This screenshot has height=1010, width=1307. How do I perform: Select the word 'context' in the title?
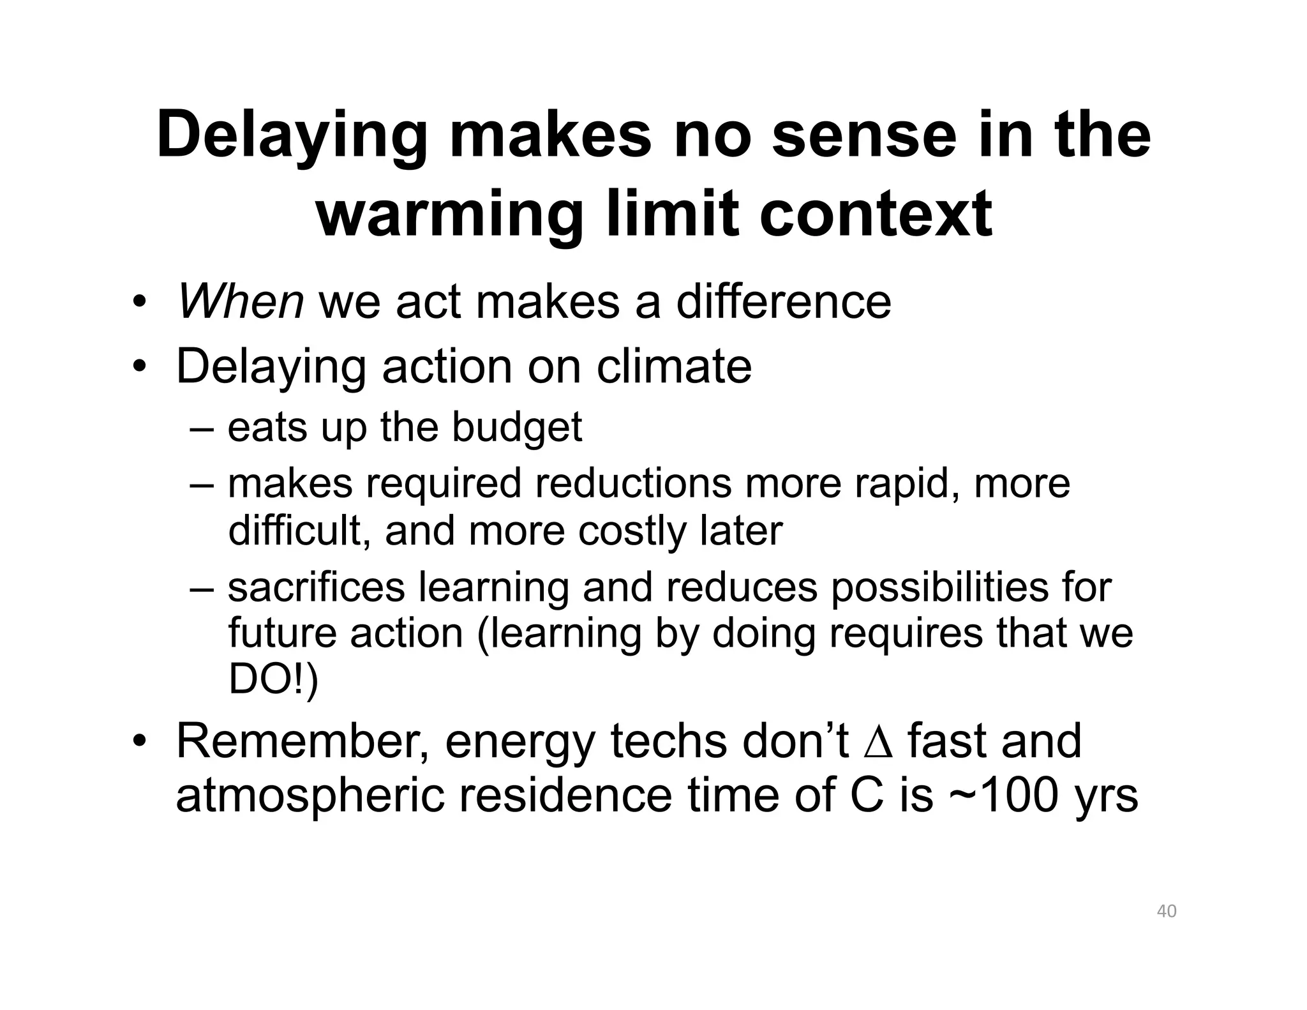pos(876,214)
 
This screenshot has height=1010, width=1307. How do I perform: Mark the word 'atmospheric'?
pos(310,795)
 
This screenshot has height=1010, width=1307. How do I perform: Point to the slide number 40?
pos(1167,911)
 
